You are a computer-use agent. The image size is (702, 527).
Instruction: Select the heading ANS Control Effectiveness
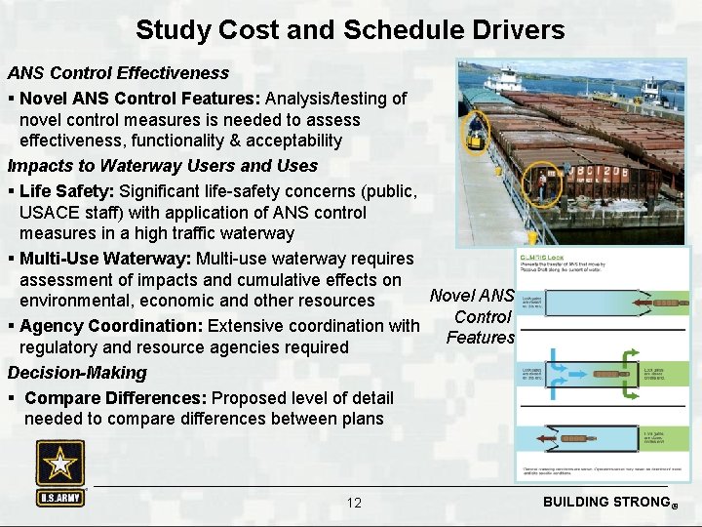(x=118, y=73)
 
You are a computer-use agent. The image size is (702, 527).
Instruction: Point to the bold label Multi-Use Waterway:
(x=105, y=259)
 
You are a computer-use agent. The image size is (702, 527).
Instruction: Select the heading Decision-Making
(x=77, y=373)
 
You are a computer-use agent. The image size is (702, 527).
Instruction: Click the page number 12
(x=354, y=503)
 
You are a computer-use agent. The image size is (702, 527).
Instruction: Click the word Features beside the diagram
(x=480, y=338)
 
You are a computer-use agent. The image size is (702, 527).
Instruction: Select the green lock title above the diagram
(x=541, y=258)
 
